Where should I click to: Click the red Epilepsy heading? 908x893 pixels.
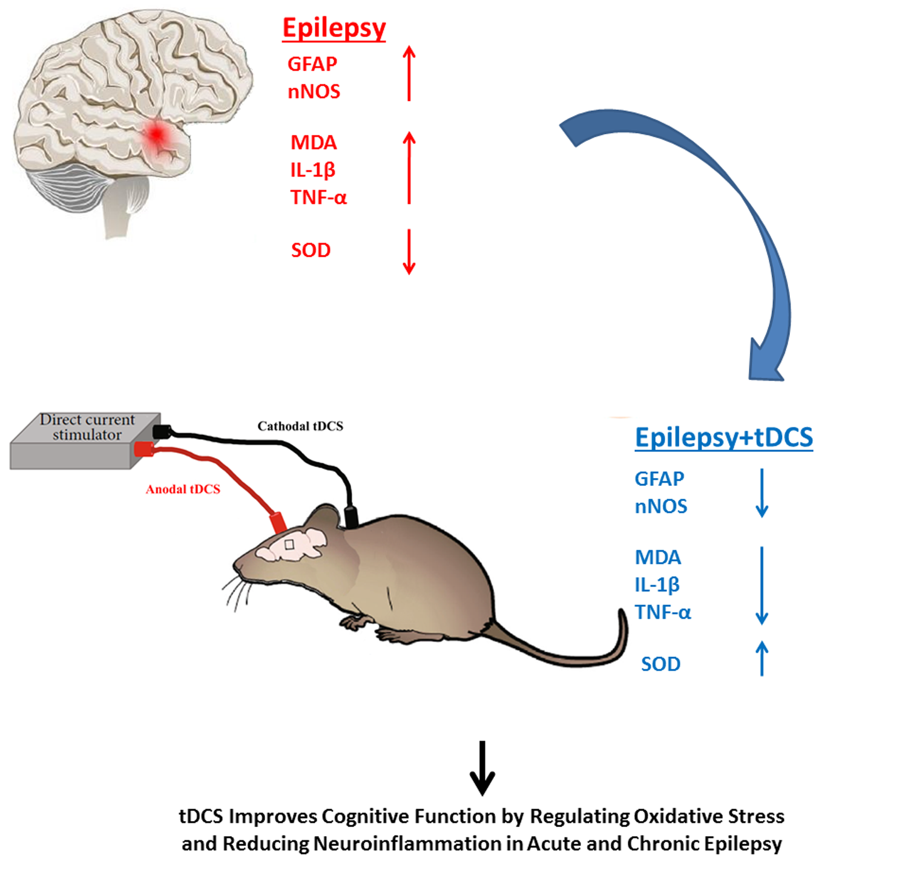tap(334, 28)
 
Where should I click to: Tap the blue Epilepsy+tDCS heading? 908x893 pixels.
tap(723, 437)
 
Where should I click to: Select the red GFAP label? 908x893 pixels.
tap(312, 64)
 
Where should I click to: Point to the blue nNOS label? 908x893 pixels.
tap(660, 506)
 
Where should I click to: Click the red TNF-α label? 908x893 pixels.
tap(318, 197)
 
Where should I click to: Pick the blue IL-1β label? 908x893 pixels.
tap(657, 585)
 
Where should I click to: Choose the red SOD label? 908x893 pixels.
tap(311, 250)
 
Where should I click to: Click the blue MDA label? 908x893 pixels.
tap(657, 557)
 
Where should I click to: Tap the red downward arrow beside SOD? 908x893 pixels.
tap(409, 252)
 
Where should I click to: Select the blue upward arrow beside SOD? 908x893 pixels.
tap(762, 658)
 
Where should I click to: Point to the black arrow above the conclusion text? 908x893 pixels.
tap(482, 768)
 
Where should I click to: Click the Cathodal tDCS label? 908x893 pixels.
tap(300, 427)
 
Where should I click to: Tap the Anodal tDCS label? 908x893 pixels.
tap(183, 489)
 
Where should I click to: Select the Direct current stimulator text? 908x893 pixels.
tap(87, 427)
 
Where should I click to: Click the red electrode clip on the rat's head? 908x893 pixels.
tap(278, 522)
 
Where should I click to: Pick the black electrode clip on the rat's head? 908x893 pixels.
tap(351, 516)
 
